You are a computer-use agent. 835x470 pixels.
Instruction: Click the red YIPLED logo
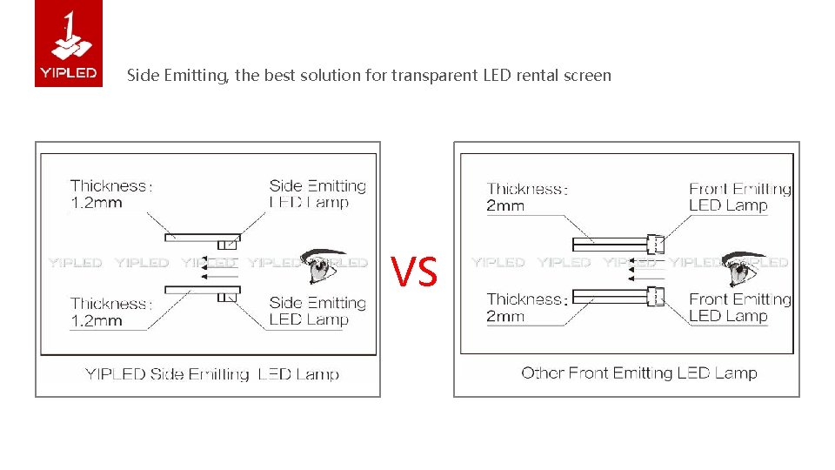pyautogui.click(x=69, y=44)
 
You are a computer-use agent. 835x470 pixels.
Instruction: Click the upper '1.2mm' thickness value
pyautogui.click(x=96, y=203)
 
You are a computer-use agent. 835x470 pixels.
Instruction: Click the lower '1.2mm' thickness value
pyautogui.click(x=96, y=321)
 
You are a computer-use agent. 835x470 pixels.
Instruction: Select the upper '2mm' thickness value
pyautogui.click(x=505, y=206)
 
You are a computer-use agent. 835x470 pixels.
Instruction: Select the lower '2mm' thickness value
pyautogui.click(x=505, y=317)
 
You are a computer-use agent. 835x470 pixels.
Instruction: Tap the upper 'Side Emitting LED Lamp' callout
pyautogui.click(x=317, y=194)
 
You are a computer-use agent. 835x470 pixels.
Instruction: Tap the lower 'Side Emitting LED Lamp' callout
pyautogui.click(x=317, y=311)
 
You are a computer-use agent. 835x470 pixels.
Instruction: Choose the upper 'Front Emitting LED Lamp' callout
pyautogui.click(x=739, y=198)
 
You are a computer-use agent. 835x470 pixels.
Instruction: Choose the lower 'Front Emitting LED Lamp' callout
pyautogui.click(x=739, y=307)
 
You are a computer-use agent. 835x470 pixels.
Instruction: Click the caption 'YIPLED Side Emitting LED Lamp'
pyautogui.click(x=211, y=375)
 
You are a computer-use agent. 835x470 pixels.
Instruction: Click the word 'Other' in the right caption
pyautogui.click(x=543, y=373)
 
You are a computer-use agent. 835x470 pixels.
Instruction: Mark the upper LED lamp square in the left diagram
pyautogui.click(x=230, y=245)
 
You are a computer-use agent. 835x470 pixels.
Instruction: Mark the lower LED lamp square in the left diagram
pyautogui.click(x=226, y=297)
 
